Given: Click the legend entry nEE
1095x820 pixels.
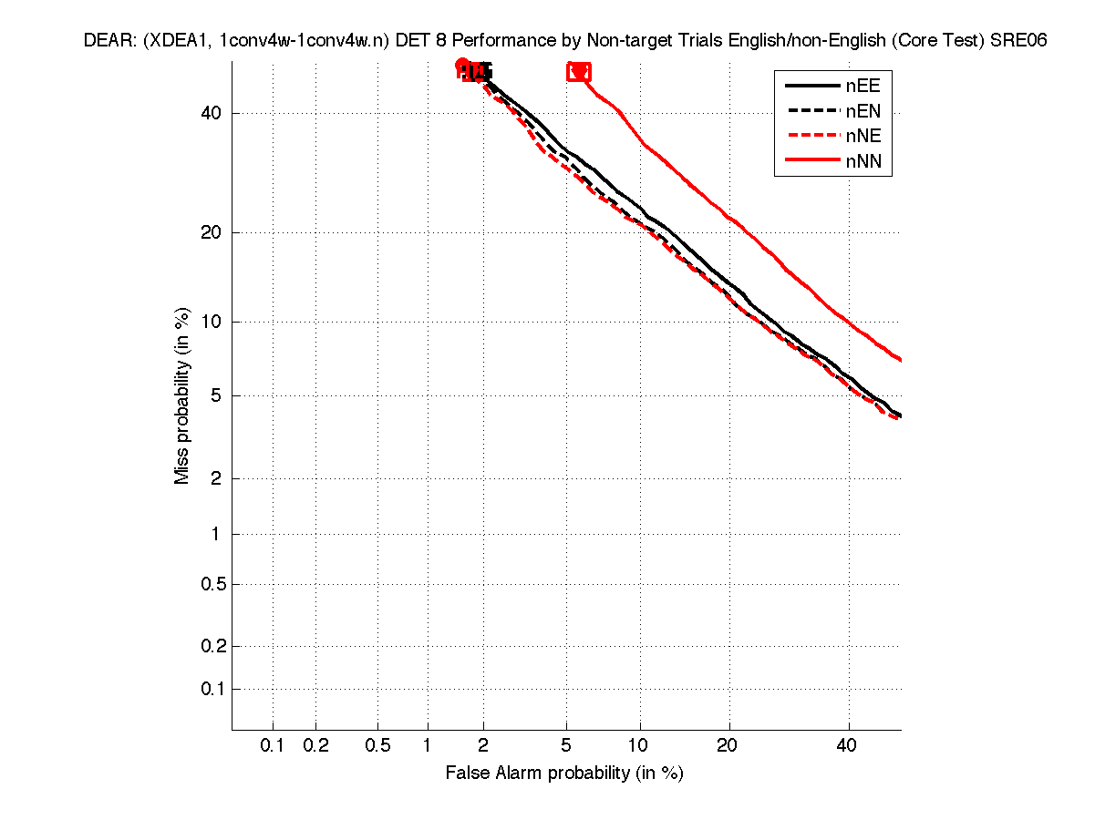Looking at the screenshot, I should (x=862, y=86).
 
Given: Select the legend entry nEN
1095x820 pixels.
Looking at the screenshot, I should (x=862, y=111).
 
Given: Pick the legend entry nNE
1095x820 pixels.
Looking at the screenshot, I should (x=862, y=137).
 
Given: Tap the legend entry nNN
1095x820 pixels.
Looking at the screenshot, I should (x=862, y=162).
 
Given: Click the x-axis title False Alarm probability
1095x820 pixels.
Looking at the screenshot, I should (x=564, y=774).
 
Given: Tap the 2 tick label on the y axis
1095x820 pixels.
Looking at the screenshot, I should (x=216, y=478).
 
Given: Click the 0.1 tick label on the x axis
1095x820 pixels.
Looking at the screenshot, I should (x=273, y=746).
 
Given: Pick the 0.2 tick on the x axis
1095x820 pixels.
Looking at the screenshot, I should (x=316, y=746).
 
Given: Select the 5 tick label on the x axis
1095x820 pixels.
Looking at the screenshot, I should (x=566, y=746).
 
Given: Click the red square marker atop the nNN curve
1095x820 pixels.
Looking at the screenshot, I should (x=578, y=71).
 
